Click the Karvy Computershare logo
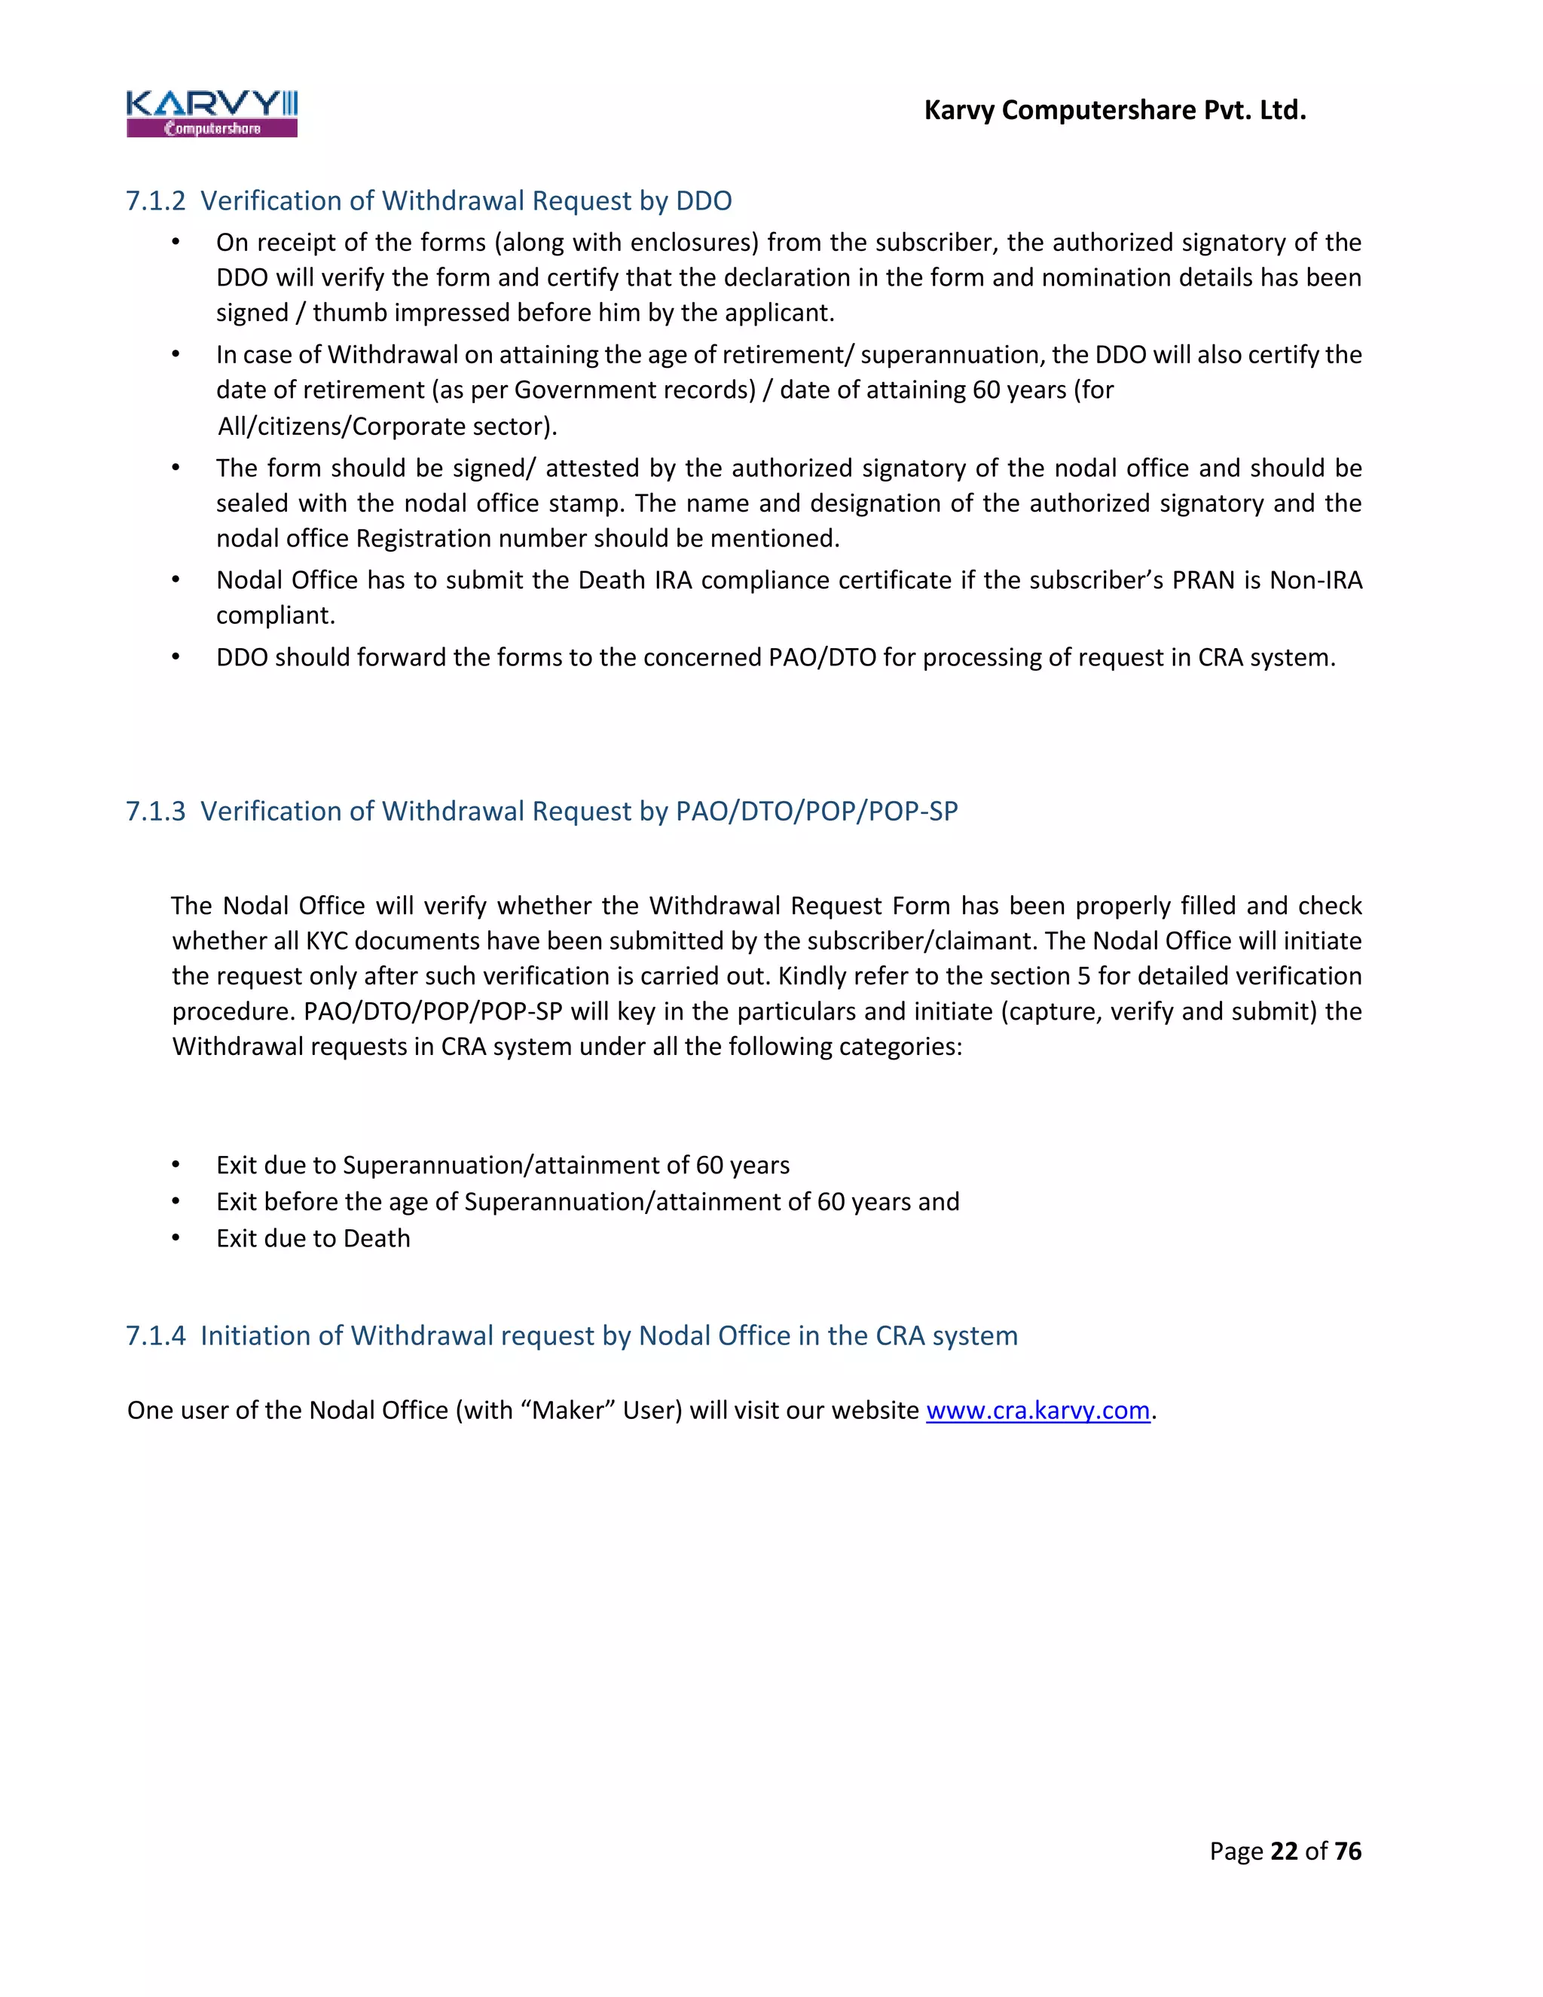[x=212, y=113]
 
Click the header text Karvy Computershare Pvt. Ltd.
[x=1114, y=110]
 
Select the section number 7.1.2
[x=155, y=200]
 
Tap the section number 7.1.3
[x=155, y=811]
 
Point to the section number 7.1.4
[x=155, y=1336]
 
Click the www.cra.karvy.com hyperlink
[x=1037, y=1410]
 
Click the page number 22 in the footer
[x=1283, y=1851]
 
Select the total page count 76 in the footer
[x=1347, y=1851]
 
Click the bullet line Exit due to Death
[x=313, y=1238]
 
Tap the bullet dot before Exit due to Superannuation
[x=176, y=1165]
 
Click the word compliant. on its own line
[x=275, y=616]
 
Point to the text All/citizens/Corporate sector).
[x=387, y=426]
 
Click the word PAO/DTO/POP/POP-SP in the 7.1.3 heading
[x=816, y=811]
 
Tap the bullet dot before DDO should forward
[x=176, y=657]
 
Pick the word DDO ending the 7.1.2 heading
[x=704, y=200]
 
